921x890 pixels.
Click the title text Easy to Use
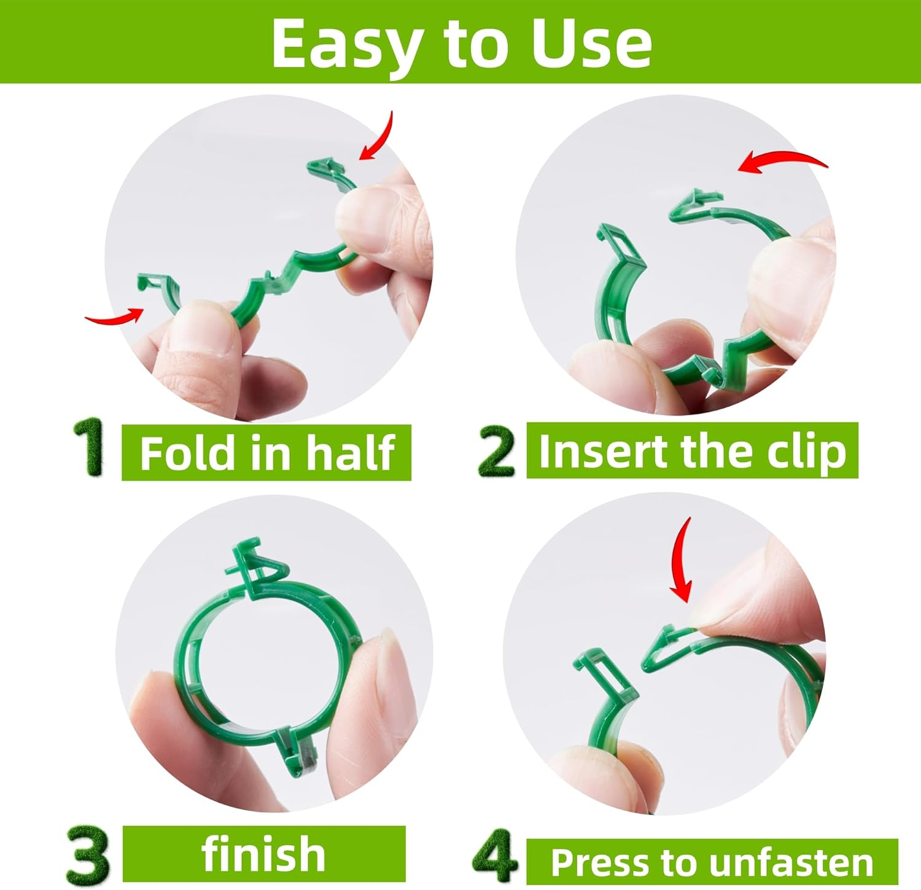pos(461,43)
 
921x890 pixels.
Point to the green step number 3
pos(88,854)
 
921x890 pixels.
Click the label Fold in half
pos(266,453)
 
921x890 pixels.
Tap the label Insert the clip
pos(692,451)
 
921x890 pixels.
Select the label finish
pos(263,854)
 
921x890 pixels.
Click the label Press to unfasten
pos(712,862)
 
